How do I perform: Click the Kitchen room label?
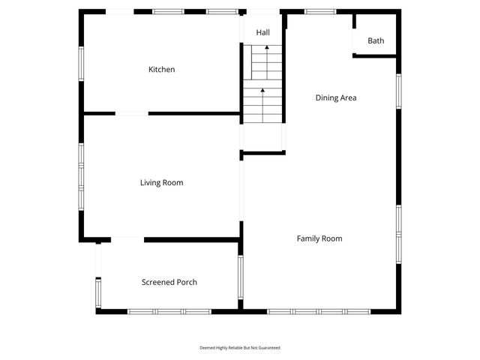[x=161, y=70]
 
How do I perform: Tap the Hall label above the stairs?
[x=262, y=33]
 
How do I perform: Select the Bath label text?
[x=376, y=40]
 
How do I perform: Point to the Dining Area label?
[x=335, y=97]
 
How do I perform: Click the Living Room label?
[x=161, y=182]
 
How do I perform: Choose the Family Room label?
[x=319, y=238]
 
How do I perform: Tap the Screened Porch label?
[x=169, y=282]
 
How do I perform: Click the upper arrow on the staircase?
[x=266, y=49]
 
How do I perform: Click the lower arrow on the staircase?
[x=263, y=91]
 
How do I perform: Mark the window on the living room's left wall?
[x=81, y=175]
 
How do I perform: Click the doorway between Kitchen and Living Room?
[x=131, y=114]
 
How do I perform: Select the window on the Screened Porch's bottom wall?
[x=169, y=311]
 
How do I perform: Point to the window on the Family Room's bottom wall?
[x=319, y=311]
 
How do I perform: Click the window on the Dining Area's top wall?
[x=320, y=11]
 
